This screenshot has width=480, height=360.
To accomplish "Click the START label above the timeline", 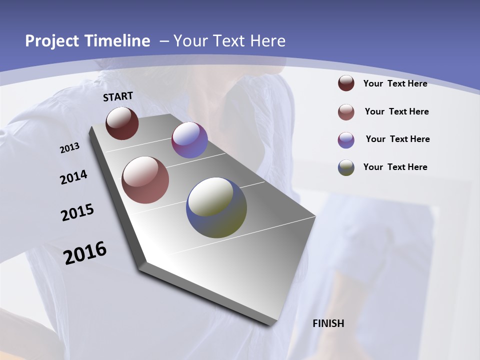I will pyautogui.click(x=118, y=96).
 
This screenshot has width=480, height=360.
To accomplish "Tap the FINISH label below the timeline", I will pyautogui.click(x=328, y=323).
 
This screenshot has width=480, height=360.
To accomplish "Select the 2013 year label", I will pyautogui.click(x=69, y=148).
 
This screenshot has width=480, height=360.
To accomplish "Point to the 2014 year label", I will pyautogui.click(x=73, y=177).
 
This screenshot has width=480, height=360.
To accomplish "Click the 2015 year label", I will pyautogui.click(x=77, y=212).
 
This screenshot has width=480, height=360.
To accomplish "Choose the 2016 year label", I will pyautogui.click(x=85, y=252).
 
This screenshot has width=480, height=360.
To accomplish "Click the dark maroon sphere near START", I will pyautogui.click(x=122, y=123).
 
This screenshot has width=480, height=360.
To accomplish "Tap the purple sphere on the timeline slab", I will pyautogui.click(x=189, y=140).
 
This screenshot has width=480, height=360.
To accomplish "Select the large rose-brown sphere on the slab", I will pyautogui.click(x=145, y=180).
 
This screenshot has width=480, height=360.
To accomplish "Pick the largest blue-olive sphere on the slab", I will pyautogui.click(x=216, y=207).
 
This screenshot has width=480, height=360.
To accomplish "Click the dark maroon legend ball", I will pyautogui.click(x=346, y=83).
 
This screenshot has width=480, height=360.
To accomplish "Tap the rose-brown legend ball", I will pyautogui.click(x=346, y=112).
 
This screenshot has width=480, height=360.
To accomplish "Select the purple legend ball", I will pyautogui.click(x=346, y=140).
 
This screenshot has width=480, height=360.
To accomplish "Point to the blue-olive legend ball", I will pyautogui.click(x=346, y=167).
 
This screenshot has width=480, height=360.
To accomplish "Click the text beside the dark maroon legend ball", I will pyautogui.click(x=395, y=83).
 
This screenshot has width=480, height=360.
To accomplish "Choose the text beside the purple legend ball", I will pyautogui.click(x=397, y=139).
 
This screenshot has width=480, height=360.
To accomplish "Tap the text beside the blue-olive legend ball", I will pyautogui.click(x=395, y=167).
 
